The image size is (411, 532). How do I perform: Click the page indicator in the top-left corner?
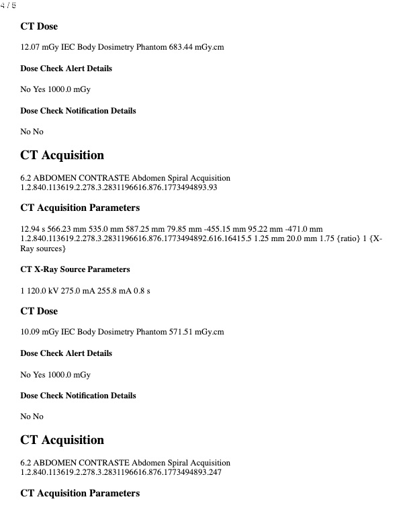click(x=9, y=5)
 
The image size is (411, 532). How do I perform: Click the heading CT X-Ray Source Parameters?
click(x=75, y=269)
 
